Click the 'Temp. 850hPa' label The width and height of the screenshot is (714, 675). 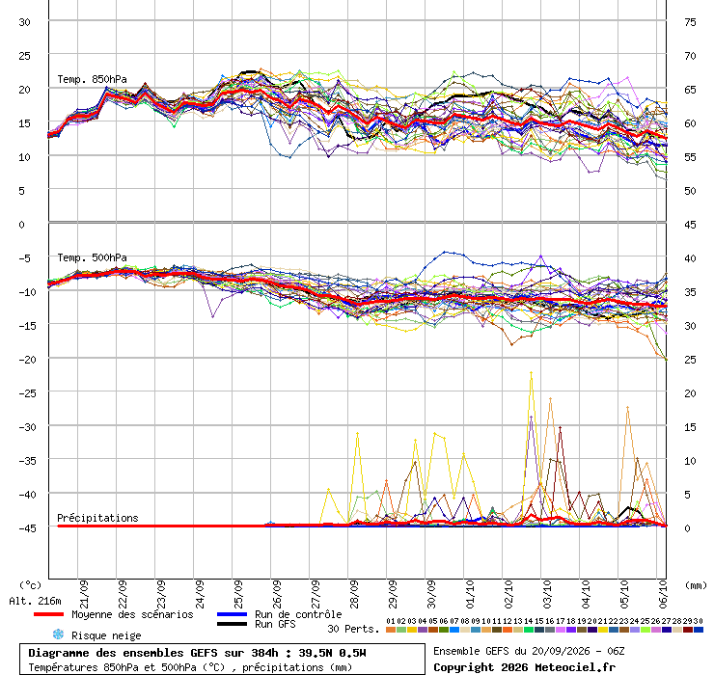coord(92,79)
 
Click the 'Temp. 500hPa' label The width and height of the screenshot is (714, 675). coord(92,257)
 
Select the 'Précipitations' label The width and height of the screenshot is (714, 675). coord(97,518)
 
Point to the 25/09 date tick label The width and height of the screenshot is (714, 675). coord(238,594)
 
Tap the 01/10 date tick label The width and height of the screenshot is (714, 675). coord(470,594)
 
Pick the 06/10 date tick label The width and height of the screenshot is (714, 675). coord(663,594)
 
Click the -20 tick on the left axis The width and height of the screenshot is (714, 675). coord(27,360)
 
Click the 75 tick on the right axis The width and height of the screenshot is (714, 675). coord(690,22)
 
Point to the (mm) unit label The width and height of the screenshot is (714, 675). coord(696,585)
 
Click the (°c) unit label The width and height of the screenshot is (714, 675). coord(30,585)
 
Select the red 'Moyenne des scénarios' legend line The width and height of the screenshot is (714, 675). coord(48,614)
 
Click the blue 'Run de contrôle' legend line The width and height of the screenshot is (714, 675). coord(233,614)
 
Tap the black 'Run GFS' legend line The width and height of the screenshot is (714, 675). coord(233,624)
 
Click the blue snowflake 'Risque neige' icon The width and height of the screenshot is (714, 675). coord(58,634)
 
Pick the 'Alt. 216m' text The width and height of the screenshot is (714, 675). coord(35,602)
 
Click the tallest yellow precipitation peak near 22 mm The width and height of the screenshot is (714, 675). coord(531,373)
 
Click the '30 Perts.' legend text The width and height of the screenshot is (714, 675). coord(353,629)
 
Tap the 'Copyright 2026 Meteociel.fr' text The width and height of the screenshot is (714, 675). coord(524,667)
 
